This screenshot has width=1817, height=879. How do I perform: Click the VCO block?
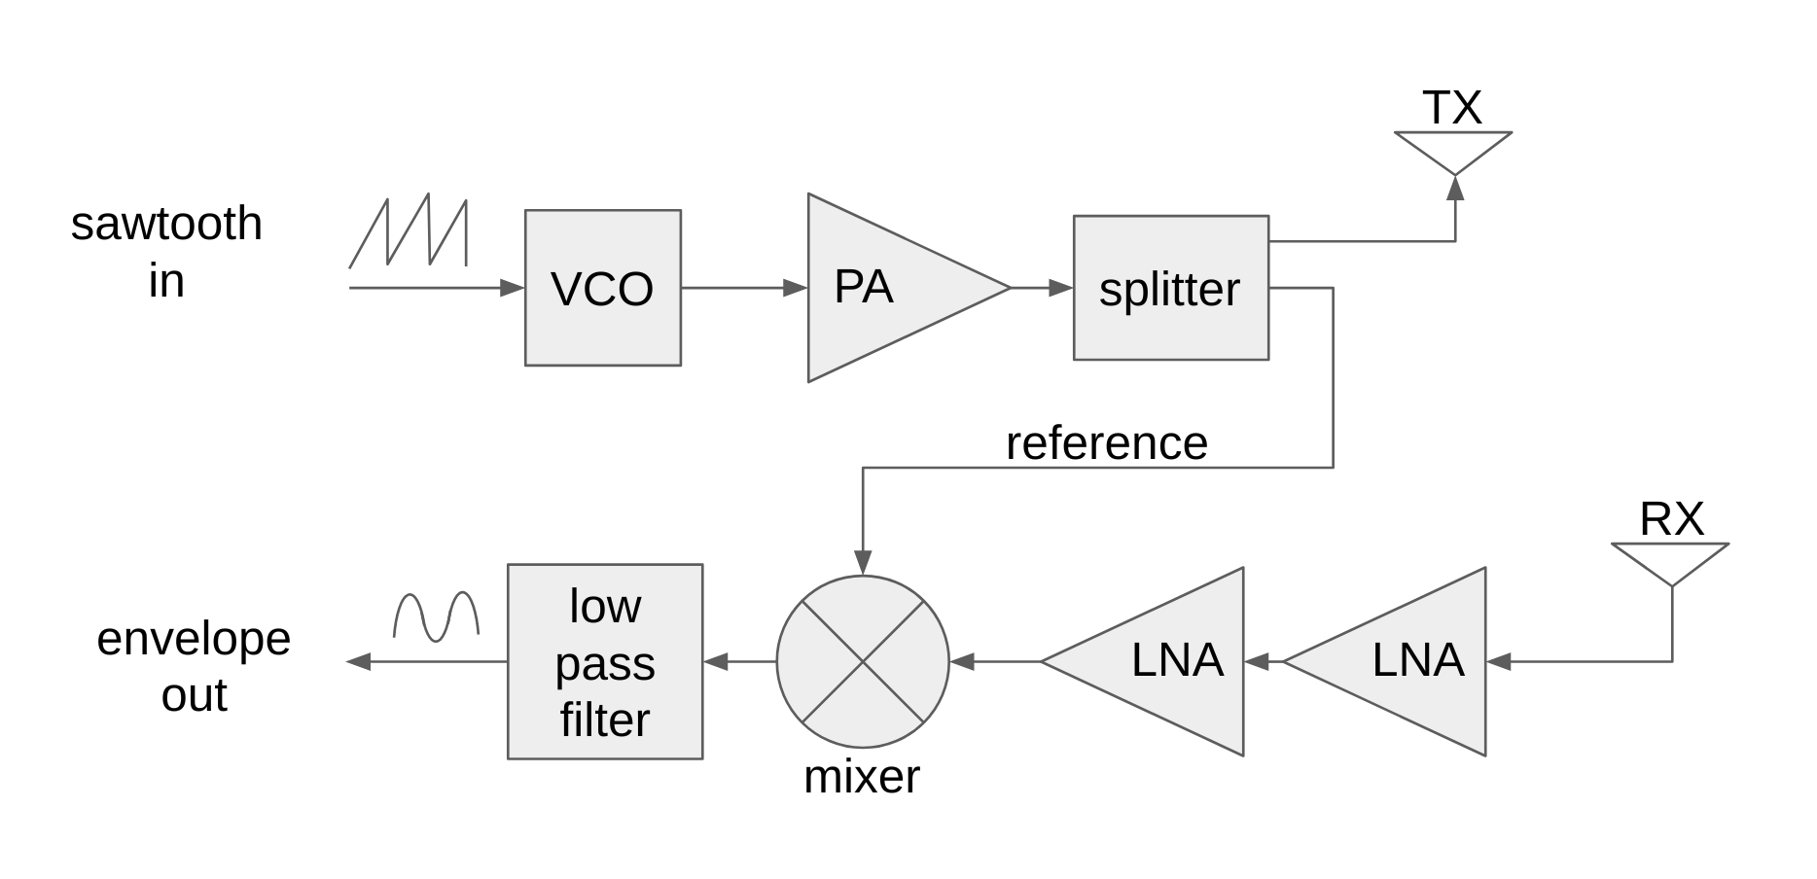602,288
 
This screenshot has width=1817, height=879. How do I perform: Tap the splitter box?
1170,288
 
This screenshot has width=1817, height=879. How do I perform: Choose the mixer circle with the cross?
862,662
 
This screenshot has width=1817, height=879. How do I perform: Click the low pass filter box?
604,661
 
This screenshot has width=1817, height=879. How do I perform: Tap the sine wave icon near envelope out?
436,616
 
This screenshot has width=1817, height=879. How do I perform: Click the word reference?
1106,443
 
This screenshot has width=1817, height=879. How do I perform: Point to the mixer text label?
861,777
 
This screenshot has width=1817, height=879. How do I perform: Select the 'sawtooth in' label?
166,252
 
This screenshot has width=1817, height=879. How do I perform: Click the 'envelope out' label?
194,667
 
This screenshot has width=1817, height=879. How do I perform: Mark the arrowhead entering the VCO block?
512,288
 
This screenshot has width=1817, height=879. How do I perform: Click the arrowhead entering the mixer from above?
863,562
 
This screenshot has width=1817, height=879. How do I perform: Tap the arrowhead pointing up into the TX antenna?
1455,189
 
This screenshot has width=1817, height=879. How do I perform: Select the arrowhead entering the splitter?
1060,288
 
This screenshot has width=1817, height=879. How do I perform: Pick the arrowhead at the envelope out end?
359,662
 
